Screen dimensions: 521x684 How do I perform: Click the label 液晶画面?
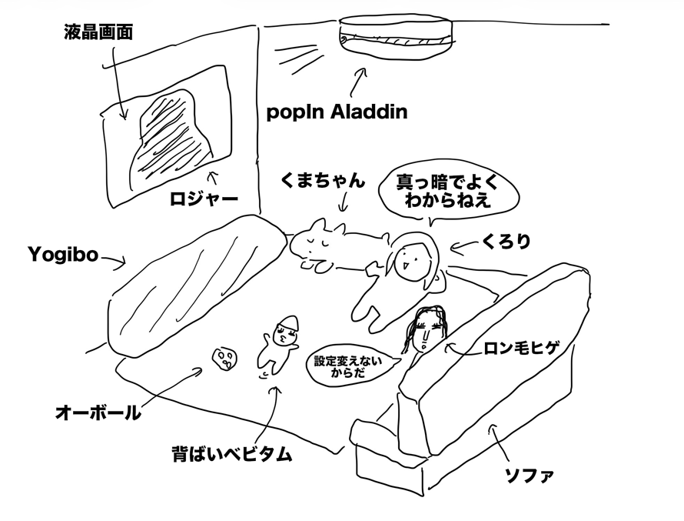tap(98, 33)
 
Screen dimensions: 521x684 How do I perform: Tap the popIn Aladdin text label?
tap(336, 112)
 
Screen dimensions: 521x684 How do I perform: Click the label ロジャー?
tap(204, 199)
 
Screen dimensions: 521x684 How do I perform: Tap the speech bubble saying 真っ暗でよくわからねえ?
tap(446, 192)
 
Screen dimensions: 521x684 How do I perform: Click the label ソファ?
tap(528, 473)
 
